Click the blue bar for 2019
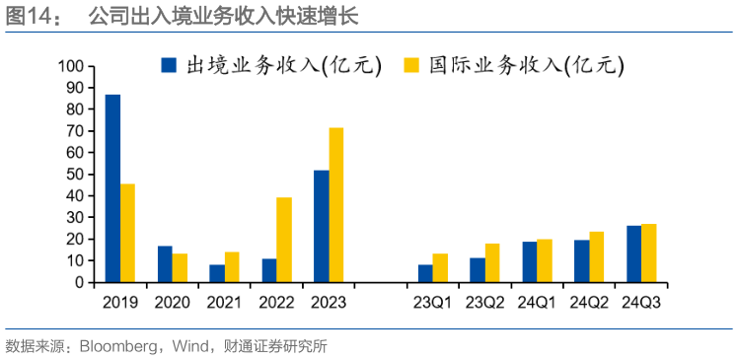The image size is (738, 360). [112, 188]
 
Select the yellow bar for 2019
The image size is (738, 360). [127, 233]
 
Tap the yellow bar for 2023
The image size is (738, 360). [336, 205]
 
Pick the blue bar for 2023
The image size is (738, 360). [322, 226]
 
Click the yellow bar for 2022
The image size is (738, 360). [284, 240]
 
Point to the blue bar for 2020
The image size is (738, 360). [165, 264]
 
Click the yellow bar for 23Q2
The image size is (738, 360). [492, 262]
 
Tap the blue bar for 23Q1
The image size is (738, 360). [425, 273]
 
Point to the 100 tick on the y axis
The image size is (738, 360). [74, 66]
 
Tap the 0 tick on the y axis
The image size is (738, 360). [82, 282]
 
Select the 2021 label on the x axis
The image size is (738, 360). [224, 303]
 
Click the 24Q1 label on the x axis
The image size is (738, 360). [537, 303]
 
